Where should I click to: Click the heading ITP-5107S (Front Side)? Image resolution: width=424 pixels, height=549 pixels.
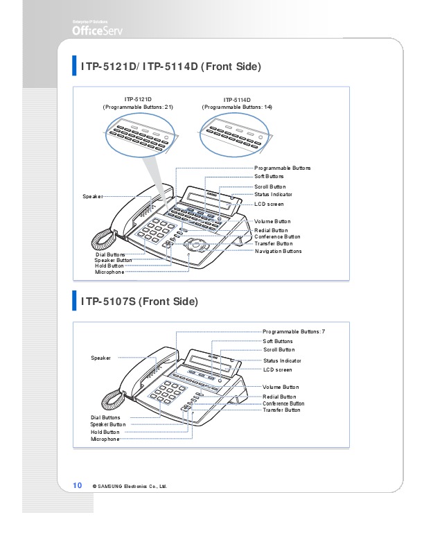[x=139, y=302]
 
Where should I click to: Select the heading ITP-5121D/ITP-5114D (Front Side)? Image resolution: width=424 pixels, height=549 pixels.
[x=170, y=67]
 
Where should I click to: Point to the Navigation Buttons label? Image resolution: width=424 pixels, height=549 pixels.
[x=278, y=251]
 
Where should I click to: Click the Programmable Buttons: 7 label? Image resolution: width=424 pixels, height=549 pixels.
[x=294, y=332]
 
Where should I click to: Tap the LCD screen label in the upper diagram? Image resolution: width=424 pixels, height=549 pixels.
[x=269, y=204]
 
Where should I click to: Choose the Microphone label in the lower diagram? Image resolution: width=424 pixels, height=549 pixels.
[x=105, y=439]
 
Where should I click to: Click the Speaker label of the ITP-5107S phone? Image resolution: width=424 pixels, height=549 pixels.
[x=100, y=358]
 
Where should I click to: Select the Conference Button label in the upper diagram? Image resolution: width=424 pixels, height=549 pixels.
[x=277, y=236]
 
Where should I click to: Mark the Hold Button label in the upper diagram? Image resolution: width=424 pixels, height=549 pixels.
[x=109, y=265]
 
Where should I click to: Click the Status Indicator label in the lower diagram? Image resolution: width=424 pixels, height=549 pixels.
[x=282, y=361]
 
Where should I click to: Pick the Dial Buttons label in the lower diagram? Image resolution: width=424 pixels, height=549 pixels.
[x=105, y=418]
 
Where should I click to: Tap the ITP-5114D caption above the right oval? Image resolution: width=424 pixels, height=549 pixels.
[x=237, y=100]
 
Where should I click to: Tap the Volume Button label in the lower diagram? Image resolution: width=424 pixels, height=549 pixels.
[x=281, y=387]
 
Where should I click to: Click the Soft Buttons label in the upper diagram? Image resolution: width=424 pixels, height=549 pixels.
[x=270, y=177]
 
